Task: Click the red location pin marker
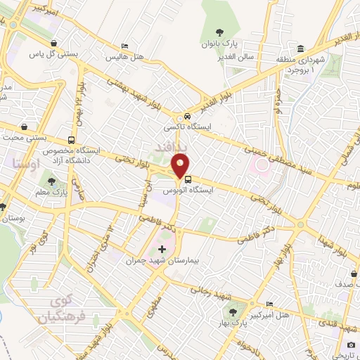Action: (x=181, y=166)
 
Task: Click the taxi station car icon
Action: (x=187, y=117)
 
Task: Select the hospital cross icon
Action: (x=162, y=249)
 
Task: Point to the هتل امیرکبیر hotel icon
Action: (x=269, y=304)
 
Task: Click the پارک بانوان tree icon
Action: (x=221, y=32)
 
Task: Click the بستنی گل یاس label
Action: (x=49, y=53)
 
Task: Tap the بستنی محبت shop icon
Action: (x=26, y=127)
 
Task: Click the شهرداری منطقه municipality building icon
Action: (x=301, y=49)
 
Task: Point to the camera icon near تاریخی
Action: (x=351, y=345)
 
